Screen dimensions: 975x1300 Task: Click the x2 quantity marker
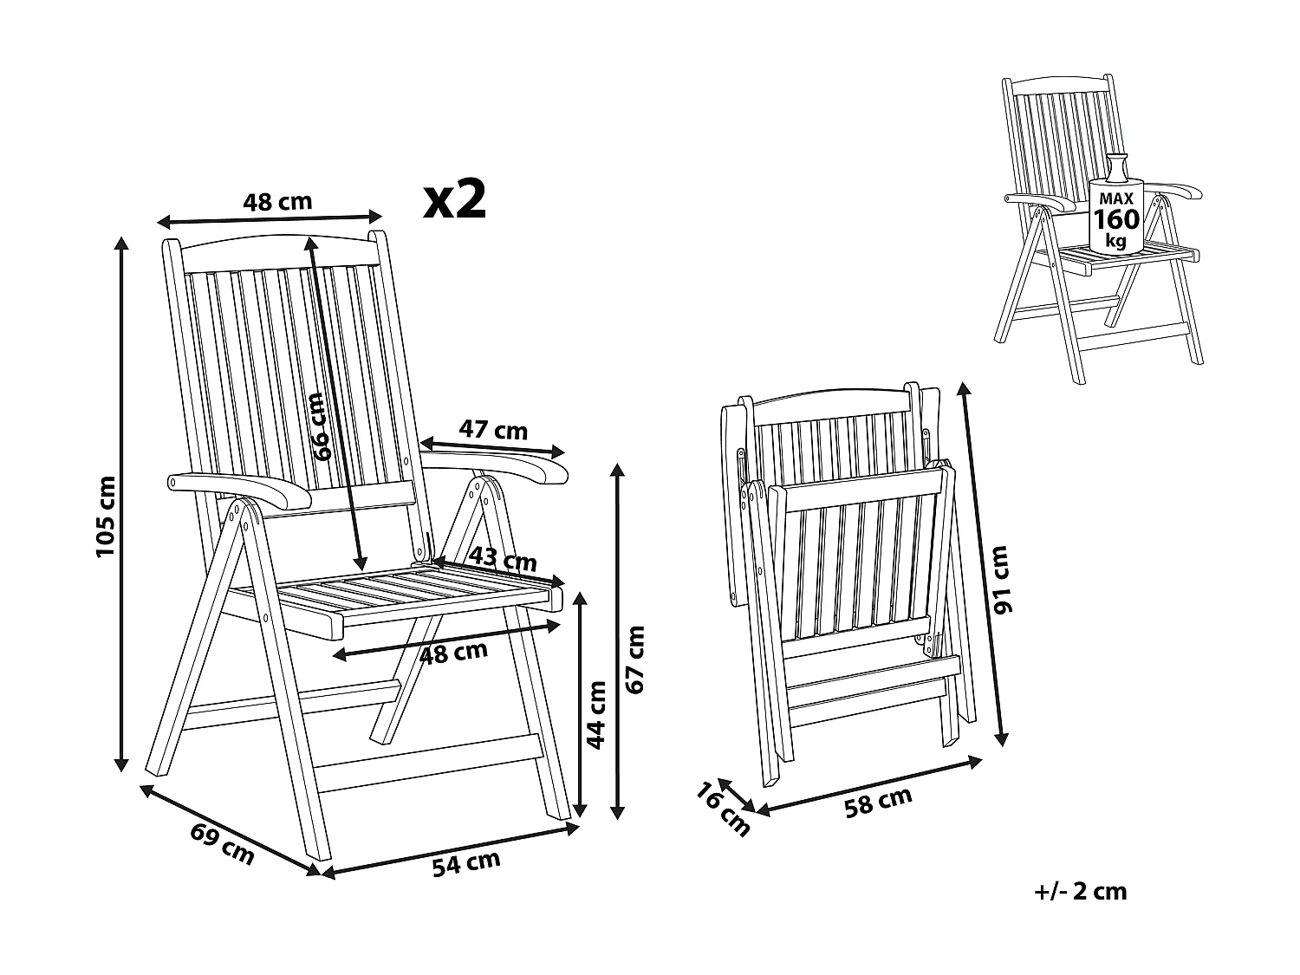click(454, 200)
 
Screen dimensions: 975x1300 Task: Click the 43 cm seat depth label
click(504, 559)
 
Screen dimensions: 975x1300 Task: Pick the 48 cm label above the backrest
click(276, 202)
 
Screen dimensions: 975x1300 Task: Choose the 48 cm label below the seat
click(452, 652)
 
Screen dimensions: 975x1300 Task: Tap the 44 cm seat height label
click(596, 713)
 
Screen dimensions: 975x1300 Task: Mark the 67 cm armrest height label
click(637, 658)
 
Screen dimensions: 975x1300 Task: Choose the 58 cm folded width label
click(878, 802)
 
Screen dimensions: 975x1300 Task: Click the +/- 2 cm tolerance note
click(1080, 891)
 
